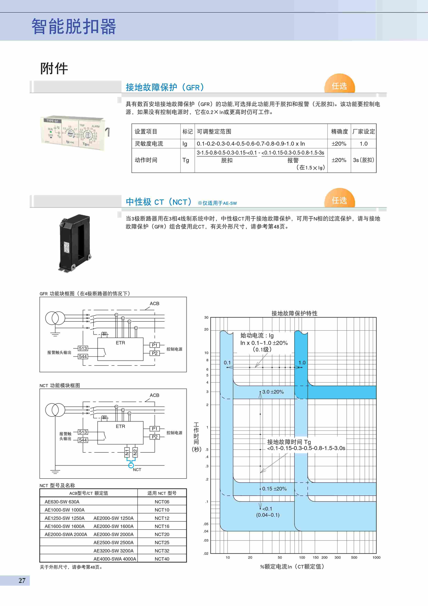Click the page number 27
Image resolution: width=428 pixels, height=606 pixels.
coord(22,580)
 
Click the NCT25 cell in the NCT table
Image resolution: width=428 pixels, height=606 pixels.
coord(162,542)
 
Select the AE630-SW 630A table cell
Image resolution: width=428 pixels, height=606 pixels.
coord(62,502)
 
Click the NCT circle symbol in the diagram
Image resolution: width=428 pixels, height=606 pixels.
coord(131,465)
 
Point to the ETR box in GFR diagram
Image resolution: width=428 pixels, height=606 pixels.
coord(120,349)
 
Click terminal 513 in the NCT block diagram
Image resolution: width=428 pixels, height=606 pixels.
coord(83,432)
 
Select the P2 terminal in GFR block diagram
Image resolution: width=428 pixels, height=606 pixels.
coord(154,353)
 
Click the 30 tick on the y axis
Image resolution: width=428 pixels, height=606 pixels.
coord(206,318)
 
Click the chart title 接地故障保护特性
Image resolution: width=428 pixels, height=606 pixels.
coord(294,313)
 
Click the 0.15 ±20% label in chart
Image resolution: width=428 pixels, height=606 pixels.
coord(274,489)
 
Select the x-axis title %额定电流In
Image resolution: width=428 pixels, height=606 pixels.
coord(292,567)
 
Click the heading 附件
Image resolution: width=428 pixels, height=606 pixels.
coord(54,68)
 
